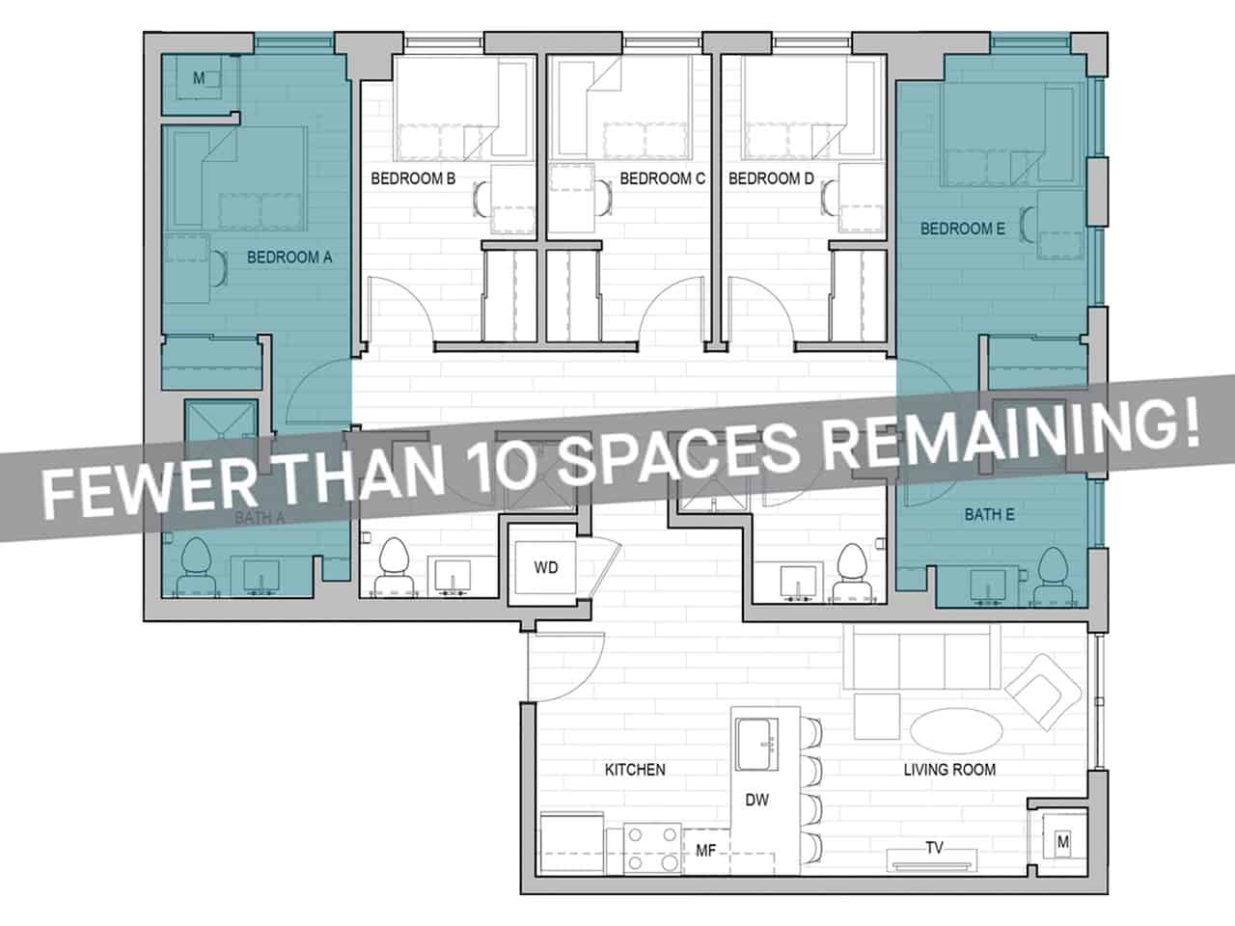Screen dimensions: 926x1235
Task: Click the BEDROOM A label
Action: coord(289,258)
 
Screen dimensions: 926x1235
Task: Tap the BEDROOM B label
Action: coord(413,178)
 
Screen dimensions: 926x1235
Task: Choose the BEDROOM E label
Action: coord(962,229)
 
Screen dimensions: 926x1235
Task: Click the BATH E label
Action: coord(989,515)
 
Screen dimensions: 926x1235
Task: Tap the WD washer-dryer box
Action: coord(546,567)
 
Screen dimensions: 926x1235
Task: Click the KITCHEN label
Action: coord(635,770)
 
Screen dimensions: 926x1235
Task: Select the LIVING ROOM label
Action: coord(949,770)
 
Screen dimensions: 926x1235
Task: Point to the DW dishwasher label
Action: coord(757,801)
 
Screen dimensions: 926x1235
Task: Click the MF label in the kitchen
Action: coord(705,850)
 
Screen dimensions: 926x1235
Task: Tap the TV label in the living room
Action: coord(934,849)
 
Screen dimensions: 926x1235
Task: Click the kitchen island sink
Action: coord(759,744)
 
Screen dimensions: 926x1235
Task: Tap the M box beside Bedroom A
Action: coord(199,78)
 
